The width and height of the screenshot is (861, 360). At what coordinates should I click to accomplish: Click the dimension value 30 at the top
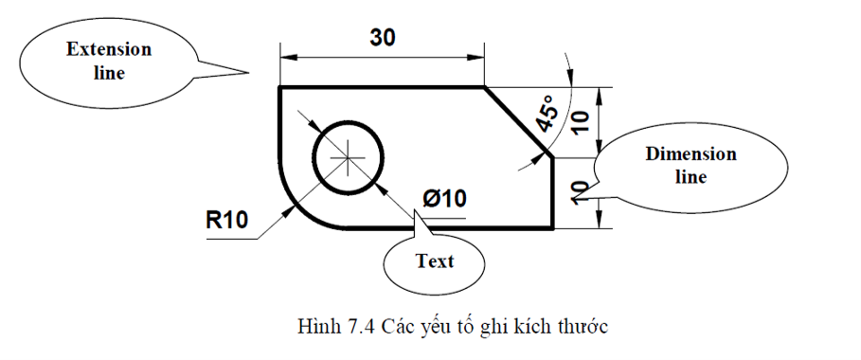coord(381,38)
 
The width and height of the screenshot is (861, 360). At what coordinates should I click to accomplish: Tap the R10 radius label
coord(227,221)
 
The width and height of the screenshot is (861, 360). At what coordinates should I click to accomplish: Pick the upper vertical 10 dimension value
coord(582,118)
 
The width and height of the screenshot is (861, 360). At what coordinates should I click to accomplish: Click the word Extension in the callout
coord(109,50)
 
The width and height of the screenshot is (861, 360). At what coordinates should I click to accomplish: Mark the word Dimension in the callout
coord(691,154)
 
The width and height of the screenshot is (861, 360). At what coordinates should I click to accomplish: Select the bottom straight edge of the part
coord(445,228)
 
